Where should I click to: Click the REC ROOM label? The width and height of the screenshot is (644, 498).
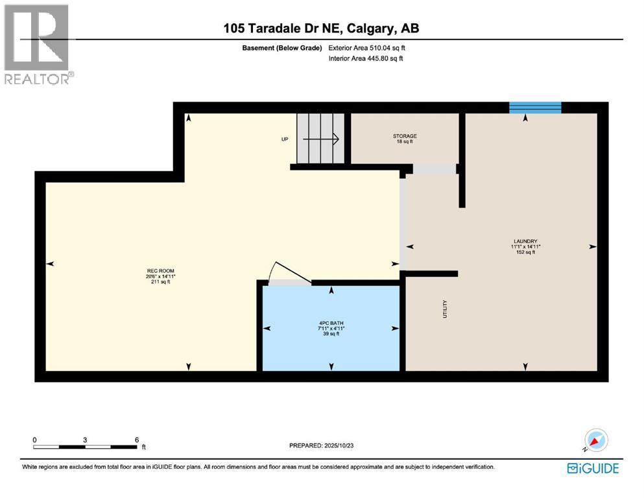click(x=160, y=270)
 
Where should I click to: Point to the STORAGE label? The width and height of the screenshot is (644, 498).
click(x=405, y=136)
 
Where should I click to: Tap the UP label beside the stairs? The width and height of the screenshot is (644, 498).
click(x=284, y=139)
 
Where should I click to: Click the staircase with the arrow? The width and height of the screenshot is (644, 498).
click(x=320, y=138)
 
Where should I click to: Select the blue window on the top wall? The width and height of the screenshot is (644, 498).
click(x=535, y=108)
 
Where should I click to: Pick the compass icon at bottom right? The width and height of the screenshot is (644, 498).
click(x=596, y=440)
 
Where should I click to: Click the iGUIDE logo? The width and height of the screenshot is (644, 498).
click(x=593, y=468)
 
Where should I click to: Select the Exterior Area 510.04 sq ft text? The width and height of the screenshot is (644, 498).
click(x=366, y=47)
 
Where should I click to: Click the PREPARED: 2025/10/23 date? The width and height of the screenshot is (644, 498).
click(x=322, y=445)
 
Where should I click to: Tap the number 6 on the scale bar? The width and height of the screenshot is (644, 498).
click(x=136, y=439)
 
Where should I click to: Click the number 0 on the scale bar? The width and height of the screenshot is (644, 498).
click(x=34, y=439)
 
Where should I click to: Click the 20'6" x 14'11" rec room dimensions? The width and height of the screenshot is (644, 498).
click(x=160, y=276)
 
